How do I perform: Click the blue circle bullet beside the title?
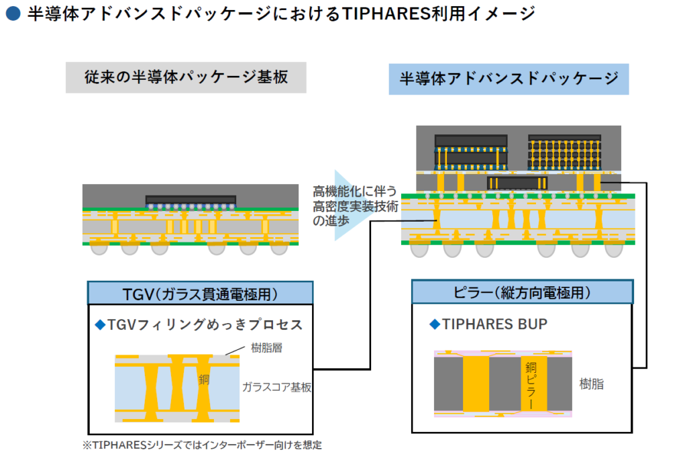click(13, 13)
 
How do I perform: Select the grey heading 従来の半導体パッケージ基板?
click(186, 77)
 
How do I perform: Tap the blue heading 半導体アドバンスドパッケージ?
click(509, 79)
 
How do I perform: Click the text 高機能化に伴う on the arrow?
click(355, 191)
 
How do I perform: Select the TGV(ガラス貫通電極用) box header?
click(200, 293)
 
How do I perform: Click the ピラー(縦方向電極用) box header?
click(522, 292)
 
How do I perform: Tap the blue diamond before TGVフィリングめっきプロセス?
click(101, 324)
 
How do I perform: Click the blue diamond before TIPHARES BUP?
click(435, 324)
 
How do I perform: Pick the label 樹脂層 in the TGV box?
click(266, 348)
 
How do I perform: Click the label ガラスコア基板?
click(277, 387)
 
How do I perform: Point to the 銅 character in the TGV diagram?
click(204, 379)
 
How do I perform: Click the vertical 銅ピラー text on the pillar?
click(531, 386)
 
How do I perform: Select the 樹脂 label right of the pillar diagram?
click(592, 384)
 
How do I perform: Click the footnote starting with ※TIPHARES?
click(202, 445)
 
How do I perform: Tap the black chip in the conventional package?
click(191, 200)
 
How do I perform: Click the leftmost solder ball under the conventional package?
click(99, 249)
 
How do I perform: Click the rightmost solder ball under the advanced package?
click(613, 250)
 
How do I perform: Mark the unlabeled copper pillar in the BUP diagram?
click(476, 383)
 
